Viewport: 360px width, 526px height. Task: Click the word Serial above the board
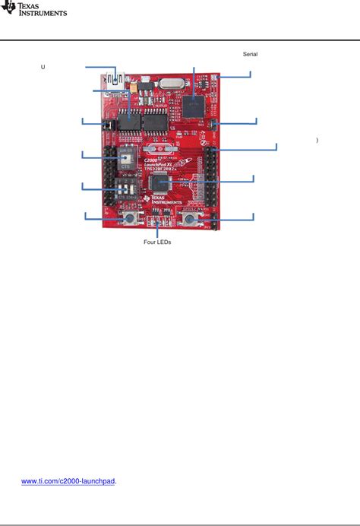[x=250, y=54]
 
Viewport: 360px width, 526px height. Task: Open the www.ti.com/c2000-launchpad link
[x=68, y=481]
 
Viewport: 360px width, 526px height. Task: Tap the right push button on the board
[x=189, y=220]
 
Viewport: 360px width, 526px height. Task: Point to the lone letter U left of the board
[x=43, y=68]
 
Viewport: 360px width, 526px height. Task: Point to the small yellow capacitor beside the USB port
[x=134, y=87]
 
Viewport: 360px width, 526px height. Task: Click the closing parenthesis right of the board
[x=316, y=141]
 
